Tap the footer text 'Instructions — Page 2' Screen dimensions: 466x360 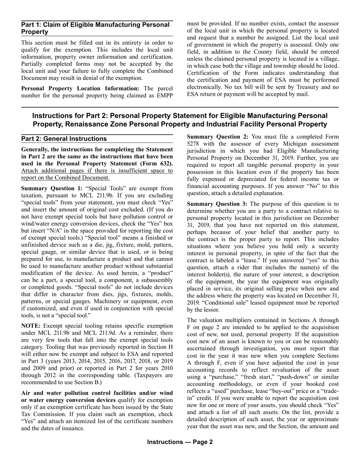[x=180, y=442]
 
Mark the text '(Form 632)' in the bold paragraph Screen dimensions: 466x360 [x=156, y=163]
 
